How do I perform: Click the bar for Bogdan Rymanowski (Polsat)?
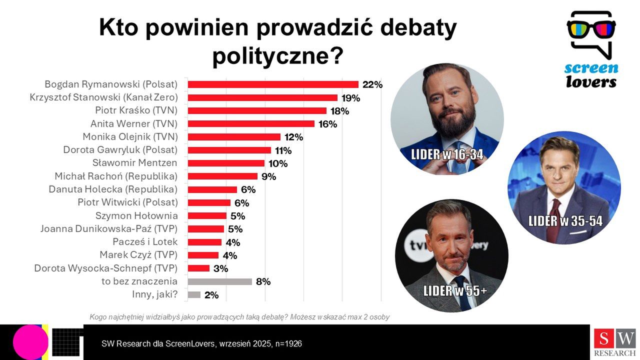273,84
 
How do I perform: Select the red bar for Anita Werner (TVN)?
251,123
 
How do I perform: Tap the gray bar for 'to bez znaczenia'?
219,281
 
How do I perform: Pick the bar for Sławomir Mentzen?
226,163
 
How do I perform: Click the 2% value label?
211,295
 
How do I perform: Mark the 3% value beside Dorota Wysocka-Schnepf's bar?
220,268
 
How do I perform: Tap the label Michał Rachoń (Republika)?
116,176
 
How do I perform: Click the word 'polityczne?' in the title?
277,55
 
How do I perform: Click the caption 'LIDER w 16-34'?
447,154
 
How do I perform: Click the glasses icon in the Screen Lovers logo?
591,28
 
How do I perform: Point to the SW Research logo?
614,342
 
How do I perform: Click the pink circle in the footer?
30,342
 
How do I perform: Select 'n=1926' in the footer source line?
287,343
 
